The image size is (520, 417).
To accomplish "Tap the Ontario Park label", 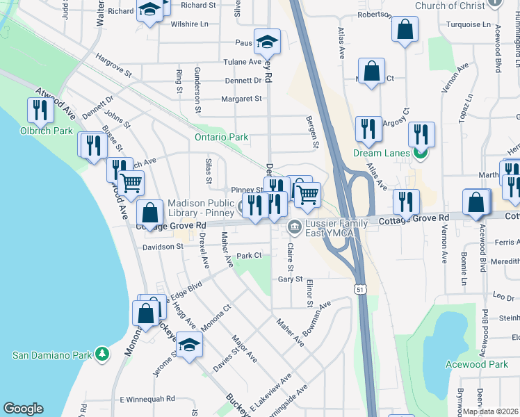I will click(221, 137).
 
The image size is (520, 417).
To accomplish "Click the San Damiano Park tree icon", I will click(103, 354).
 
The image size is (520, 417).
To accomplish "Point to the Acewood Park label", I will click(478, 364).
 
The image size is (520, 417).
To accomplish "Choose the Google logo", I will click(23, 409).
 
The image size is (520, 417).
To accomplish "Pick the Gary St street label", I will click(291, 279).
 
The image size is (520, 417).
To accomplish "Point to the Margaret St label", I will click(241, 99).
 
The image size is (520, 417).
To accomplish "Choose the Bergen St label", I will click(314, 132).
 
